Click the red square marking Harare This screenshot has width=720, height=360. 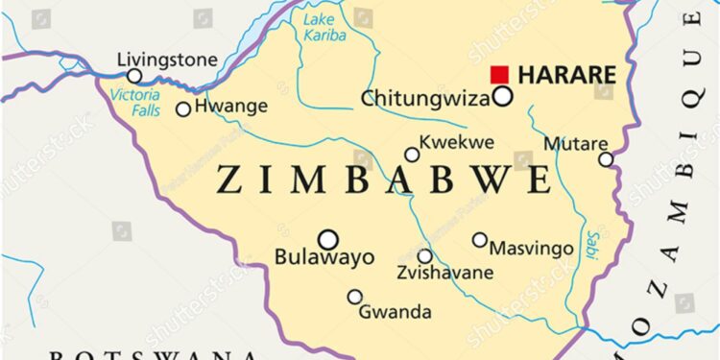click(x=499, y=74)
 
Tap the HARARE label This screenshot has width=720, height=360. click(x=566, y=74)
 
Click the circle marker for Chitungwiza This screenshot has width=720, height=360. click(x=502, y=96)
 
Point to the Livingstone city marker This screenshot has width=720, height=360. click(x=134, y=76)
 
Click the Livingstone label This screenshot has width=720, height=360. click(x=167, y=60)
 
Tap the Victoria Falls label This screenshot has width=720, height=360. click(x=134, y=103)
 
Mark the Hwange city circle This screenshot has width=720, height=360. click(x=183, y=109)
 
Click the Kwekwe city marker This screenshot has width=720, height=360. click(x=412, y=155)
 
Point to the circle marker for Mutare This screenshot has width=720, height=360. click(x=606, y=159)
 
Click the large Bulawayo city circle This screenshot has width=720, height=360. click(x=328, y=239)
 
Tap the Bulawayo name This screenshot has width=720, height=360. click(x=324, y=257)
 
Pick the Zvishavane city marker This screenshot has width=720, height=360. click(x=424, y=256)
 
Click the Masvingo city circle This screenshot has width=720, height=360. click(x=480, y=240)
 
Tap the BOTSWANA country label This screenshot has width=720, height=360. click(x=154, y=356)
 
